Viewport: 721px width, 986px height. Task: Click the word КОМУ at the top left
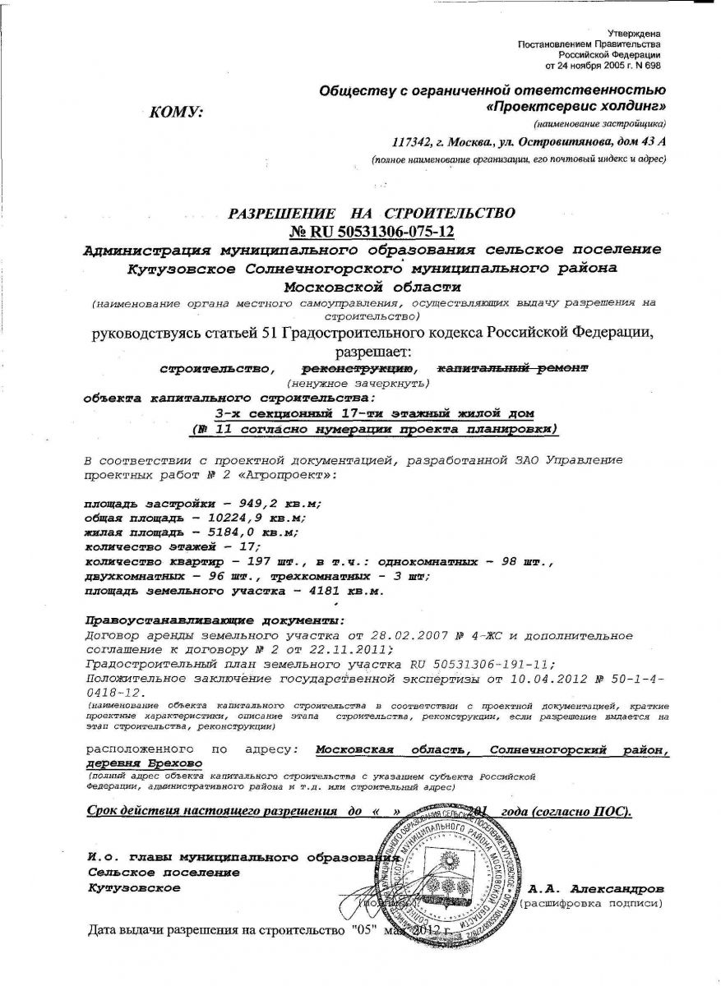177,113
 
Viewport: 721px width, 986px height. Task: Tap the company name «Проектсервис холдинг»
575,107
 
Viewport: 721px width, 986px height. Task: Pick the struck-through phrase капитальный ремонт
511,369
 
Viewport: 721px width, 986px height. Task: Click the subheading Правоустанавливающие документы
216,620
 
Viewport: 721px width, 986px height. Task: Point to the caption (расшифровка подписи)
590,904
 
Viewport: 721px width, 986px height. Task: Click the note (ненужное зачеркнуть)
357,384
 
